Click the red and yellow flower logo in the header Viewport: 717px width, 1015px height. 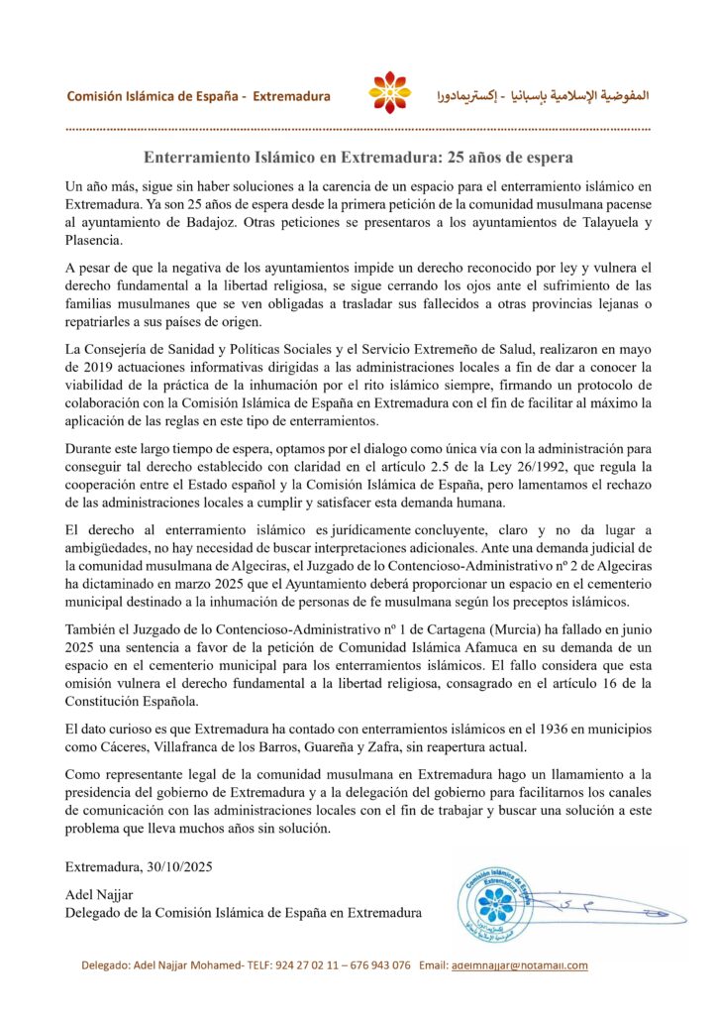pos(389,93)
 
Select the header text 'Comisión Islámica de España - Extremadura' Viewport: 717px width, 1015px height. pos(198,96)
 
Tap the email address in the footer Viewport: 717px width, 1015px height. pos(519,964)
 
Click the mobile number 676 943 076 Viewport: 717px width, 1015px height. pos(375,964)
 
